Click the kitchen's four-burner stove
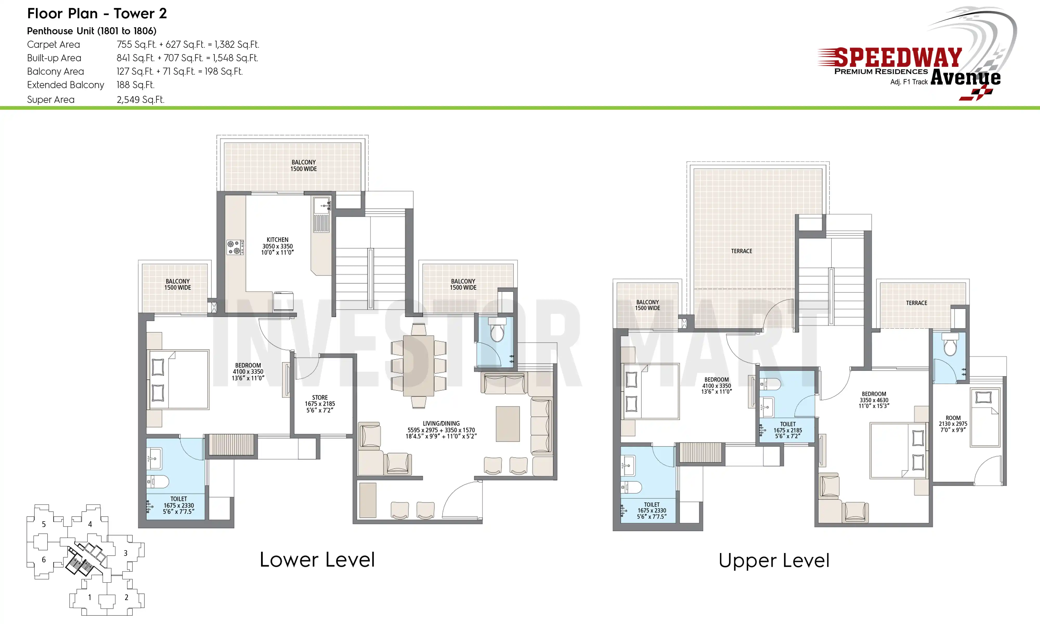[235, 247]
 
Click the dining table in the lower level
[418, 366]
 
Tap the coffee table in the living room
[508, 424]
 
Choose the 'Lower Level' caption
[317, 560]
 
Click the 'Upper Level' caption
[774, 561]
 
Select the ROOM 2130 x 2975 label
[953, 424]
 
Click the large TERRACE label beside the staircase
[742, 251]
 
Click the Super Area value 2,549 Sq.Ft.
[140, 100]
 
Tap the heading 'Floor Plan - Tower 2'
[97, 14]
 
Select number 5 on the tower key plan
[44, 524]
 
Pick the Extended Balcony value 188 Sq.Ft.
[135, 85]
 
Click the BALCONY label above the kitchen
[303, 165]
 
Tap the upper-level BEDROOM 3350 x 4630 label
[874, 400]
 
